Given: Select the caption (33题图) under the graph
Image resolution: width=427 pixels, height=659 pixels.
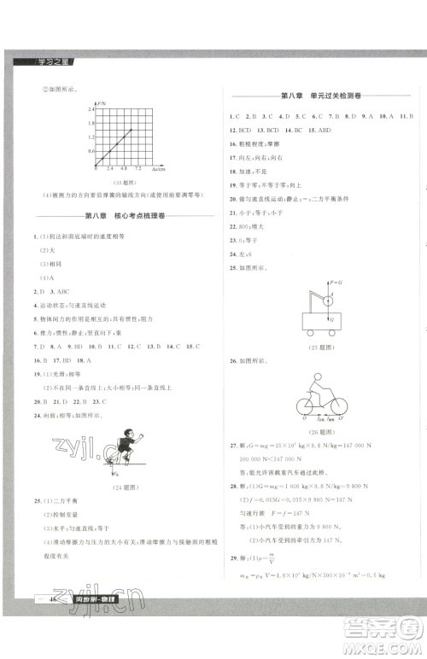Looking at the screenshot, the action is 116,182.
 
